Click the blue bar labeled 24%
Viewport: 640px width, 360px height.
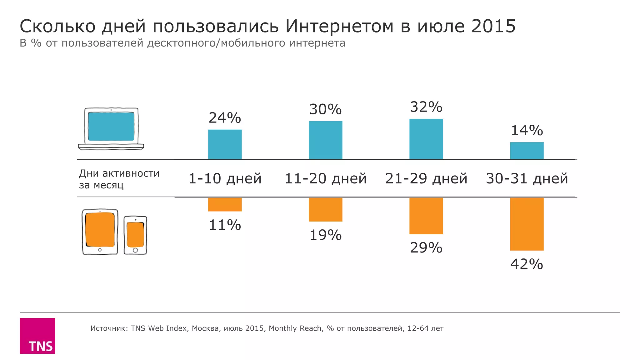[225, 144]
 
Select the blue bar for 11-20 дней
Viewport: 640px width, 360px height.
[325, 140]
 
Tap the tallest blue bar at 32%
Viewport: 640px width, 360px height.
[426, 139]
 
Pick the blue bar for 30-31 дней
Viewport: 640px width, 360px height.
[527, 151]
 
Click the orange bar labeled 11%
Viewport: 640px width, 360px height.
[225, 204]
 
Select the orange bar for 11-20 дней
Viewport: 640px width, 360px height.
[325, 209]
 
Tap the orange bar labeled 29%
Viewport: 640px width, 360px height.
[426, 216]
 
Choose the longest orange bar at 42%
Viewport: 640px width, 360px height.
[527, 224]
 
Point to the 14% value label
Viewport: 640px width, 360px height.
[527, 130]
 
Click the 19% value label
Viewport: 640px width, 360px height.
[325, 235]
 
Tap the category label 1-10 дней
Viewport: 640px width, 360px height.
[225, 178]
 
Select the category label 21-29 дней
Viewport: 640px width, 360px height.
[426, 178]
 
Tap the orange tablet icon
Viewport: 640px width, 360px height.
[100, 231]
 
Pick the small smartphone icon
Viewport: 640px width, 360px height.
[135, 235]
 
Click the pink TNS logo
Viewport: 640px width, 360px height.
[37, 336]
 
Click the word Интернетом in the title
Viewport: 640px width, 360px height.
[339, 26]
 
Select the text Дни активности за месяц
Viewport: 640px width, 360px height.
[119, 179]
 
